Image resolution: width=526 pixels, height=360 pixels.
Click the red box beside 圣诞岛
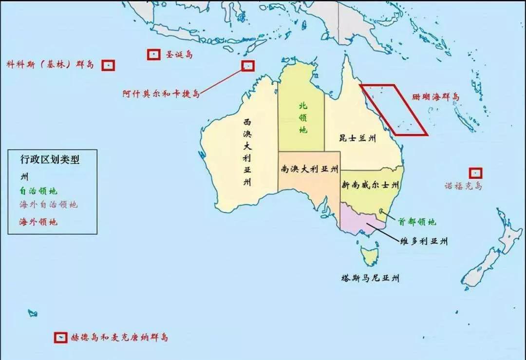154,55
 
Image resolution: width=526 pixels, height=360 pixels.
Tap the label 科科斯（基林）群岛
50,65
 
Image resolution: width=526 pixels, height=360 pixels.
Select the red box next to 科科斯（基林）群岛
108,65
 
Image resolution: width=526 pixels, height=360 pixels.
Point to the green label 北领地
303,117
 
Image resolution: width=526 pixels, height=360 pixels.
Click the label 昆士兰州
358,138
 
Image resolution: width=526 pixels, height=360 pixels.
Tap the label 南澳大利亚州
309,170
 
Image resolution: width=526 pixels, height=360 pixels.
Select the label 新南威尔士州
370,185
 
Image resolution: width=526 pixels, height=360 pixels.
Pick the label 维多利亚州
423,241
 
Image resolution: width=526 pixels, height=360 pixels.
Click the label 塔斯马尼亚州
370,279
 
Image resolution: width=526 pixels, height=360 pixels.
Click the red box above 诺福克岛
476,173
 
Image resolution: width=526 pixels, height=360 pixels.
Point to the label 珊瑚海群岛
436,97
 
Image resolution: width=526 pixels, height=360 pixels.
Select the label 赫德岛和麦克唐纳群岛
119,337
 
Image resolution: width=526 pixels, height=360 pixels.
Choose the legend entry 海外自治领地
49,205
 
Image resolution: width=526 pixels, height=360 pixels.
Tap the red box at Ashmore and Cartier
248,66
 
